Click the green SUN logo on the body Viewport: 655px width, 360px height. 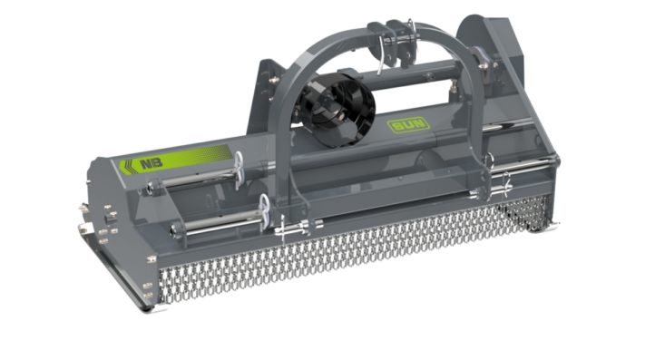pos(408,125)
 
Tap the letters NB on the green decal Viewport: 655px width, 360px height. pos(152,163)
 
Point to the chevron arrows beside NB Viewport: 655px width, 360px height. pos(127,167)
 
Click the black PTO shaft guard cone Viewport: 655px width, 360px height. pos(337,110)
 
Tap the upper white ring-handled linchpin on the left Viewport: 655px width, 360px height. pos(239,170)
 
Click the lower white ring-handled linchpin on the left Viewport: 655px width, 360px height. pos(264,211)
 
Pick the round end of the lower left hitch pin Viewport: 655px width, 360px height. pos(174,229)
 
